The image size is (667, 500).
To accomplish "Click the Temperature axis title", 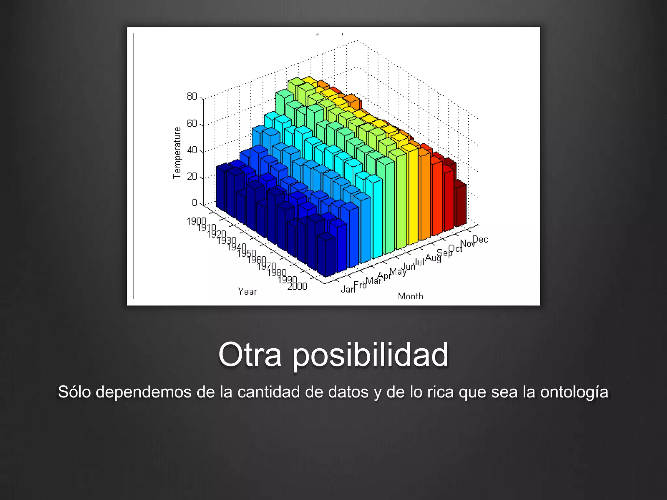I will pyautogui.click(x=177, y=153).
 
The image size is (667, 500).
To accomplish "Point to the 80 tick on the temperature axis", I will pyautogui.click(x=192, y=96).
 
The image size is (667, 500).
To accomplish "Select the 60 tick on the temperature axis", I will pyautogui.click(x=192, y=124).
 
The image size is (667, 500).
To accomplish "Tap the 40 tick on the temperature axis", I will pyautogui.click(x=192, y=150).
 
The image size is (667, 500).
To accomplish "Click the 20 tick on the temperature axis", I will pyautogui.click(x=192, y=176).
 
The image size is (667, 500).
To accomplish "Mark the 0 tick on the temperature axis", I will pyautogui.click(x=194, y=203).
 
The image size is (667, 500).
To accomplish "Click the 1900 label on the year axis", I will pyautogui.click(x=196, y=221).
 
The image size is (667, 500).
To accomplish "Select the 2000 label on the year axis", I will pyautogui.click(x=297, y=286).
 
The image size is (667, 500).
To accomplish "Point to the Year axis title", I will pyautogui.click(x=248, y=291).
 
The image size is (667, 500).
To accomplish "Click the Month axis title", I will pyautogui.click(x=410, y=296).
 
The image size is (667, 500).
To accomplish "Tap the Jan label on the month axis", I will pyautogui.click(x=348, y=289).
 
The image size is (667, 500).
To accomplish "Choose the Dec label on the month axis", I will pyautogui.click(x=480, y=240).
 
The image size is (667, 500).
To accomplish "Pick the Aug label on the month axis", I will pyautogui.click(x=433, y=258).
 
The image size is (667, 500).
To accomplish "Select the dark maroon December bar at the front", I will pyautogui.click(x=461, y=205).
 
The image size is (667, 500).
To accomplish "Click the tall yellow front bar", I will pyautogui.click(x=413, y=195).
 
